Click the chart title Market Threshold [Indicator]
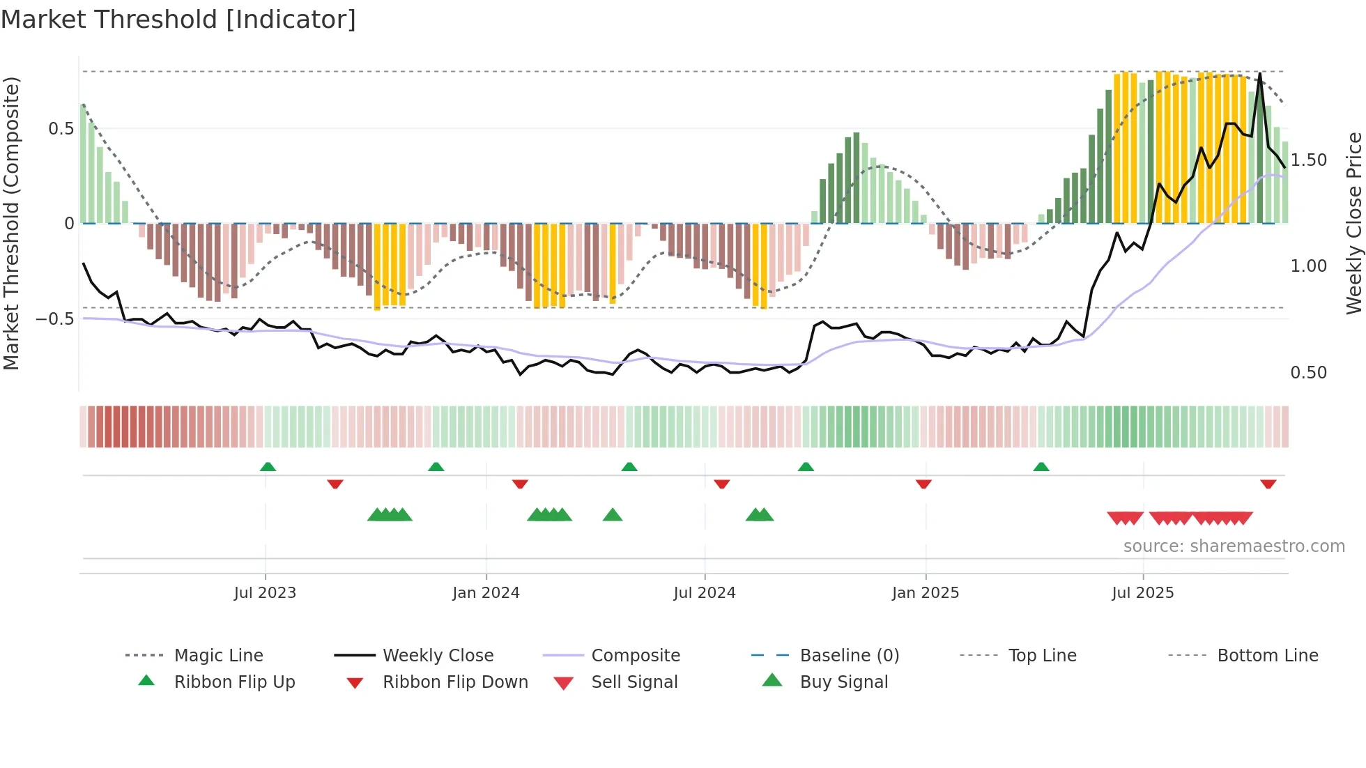178,20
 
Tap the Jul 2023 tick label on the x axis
265,593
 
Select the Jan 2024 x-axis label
486,593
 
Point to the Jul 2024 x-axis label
704,593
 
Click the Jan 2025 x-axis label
925,593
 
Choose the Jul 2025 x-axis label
1142,593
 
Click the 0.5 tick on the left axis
61,129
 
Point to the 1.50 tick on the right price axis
1308,160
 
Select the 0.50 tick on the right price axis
1308,373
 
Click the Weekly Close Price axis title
1353,223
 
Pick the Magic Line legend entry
218,656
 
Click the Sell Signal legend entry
634,682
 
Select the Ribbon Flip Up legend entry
234,682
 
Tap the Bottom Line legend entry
1267,656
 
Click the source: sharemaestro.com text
1234,546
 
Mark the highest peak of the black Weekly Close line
1260,74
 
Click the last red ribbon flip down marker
1268,484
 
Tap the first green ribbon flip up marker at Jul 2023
268,467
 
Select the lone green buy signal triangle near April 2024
613,515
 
